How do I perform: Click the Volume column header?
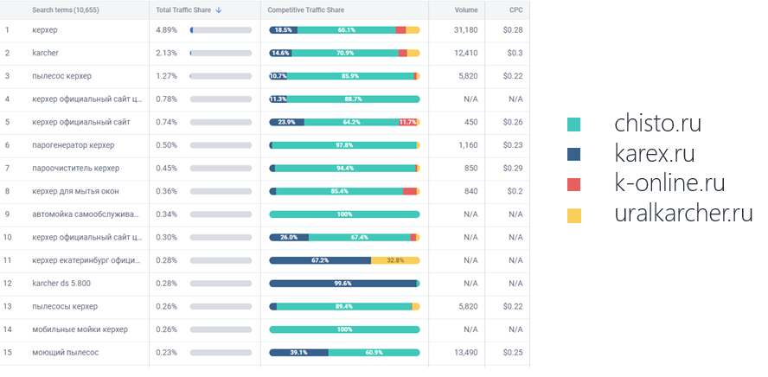pos(466,10)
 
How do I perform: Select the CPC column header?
pos(515,10)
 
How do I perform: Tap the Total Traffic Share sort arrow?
pos(219,10)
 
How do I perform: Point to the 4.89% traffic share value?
pos(166,30)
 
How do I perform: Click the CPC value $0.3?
pos(515,53)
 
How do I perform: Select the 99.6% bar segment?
pos(343,283)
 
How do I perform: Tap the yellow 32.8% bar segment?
pos(395,260)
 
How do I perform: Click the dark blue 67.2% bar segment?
pos(320,260)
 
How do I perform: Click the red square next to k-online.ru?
pos(574,184)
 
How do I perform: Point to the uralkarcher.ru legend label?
pos(684,214)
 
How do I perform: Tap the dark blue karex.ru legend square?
pos(574,154)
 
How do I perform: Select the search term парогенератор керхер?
pos(73,144)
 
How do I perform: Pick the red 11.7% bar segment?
pos(407,122)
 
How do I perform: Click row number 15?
pos(8,352)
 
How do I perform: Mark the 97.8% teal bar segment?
pos(344,144)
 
